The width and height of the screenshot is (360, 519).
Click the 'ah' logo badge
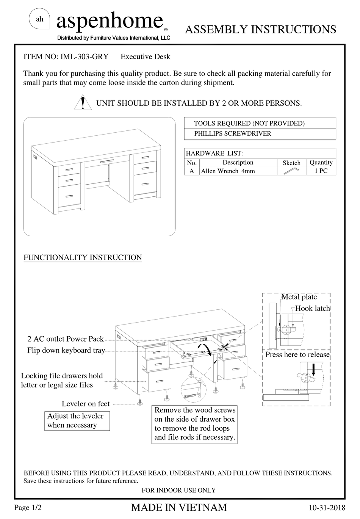click(x=39, y=20)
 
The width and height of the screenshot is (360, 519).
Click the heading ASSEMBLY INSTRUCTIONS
click(x=260, y=30)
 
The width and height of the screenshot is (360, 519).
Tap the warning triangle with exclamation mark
click(x=82, y=102)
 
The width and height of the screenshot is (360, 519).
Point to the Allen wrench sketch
click(x=291, y=171)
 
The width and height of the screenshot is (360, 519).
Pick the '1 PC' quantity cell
click(x=321, y=171)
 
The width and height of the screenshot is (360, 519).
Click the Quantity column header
click(x=321, y=163)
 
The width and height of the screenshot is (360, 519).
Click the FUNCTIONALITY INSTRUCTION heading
click(x=83, y=257)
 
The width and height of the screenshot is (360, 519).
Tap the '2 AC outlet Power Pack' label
click(x=65, y=339)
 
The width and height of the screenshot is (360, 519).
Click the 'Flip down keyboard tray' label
click(x=66, y=350)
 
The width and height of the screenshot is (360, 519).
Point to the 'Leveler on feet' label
click(x=85, y=404)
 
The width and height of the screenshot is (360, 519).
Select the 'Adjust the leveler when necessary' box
click(x=77, y=421)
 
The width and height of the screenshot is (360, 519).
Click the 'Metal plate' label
click(x=299, y=297)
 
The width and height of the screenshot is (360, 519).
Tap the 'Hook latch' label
click(x=312, y=308)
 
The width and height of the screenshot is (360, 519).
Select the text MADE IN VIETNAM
click(x=179, y=507)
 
